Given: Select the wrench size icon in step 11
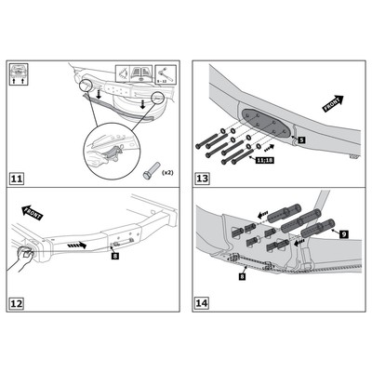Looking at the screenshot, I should point(164,73).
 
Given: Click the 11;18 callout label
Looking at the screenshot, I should point(266,160).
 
